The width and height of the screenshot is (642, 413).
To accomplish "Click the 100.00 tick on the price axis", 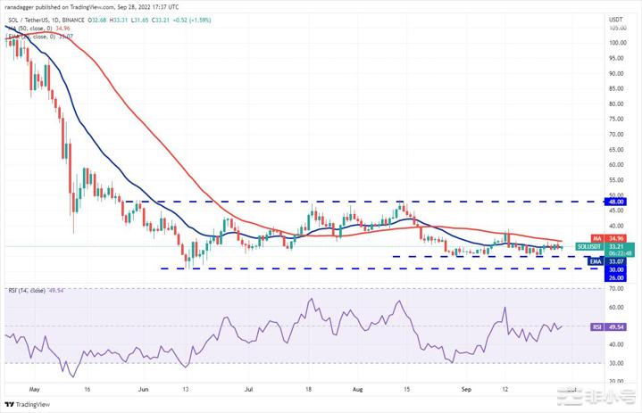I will (616, 41).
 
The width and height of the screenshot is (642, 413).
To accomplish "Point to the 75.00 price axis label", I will (615, 118).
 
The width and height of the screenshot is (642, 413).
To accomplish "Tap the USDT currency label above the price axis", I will (616, 19).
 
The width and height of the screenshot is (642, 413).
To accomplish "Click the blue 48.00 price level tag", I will (616, 202).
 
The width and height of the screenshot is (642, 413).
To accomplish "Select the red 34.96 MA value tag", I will (616, 238).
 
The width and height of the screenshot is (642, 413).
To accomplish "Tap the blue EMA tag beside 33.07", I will (595, 260).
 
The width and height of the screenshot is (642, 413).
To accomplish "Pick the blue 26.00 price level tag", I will (616, 277).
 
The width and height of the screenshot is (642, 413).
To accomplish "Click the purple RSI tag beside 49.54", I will (595, 326).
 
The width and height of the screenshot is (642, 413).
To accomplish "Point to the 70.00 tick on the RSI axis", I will (615, 289).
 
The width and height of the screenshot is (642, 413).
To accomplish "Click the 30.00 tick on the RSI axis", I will (615, 363).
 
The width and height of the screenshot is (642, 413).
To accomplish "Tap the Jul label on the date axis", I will (249, 389).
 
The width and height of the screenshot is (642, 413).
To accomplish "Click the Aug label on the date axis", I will (357, 389).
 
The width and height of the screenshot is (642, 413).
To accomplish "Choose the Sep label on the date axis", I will (465, 389).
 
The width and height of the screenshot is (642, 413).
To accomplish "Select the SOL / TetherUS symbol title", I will (31, 18).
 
